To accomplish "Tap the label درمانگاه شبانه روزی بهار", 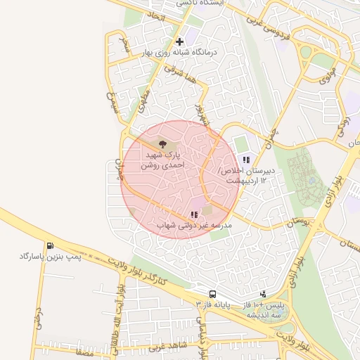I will (181, 53).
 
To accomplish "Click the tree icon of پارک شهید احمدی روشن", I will (163, 143).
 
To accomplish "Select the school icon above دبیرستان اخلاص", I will (245, 161).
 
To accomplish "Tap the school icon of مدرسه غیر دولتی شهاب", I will (193, 215).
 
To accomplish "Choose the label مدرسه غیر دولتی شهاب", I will (193, 226).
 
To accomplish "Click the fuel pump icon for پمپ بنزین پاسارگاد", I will (50, 245).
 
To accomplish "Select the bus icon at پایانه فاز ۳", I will (212, 294).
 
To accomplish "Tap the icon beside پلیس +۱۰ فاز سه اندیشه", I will (263, 294).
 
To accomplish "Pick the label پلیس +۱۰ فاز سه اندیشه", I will (264, 311).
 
